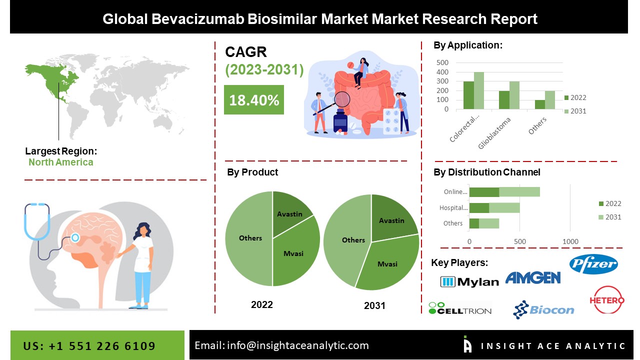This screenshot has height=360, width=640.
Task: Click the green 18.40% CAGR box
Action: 253,99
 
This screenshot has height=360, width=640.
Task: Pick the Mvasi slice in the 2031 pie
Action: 386,262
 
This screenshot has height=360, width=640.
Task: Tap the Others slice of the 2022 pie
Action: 249,238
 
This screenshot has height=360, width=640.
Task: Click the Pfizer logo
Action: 593,264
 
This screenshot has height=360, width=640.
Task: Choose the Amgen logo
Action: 532,277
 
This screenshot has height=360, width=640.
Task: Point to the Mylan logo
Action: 469,281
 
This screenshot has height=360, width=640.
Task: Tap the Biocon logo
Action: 543,310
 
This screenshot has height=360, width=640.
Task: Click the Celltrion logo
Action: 460,308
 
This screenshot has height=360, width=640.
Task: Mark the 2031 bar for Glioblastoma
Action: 514,95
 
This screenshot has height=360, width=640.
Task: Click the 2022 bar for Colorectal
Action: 468,95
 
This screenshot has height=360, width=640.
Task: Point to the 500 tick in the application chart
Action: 442,62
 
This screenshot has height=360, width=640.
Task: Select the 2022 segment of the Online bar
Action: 484,192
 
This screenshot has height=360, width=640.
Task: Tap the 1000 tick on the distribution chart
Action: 570,242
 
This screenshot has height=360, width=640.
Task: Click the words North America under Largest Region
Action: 60,162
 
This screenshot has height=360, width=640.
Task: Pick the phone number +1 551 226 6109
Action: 89,346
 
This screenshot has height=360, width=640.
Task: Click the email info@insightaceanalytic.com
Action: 281,345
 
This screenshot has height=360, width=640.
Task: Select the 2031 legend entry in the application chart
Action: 574,111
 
